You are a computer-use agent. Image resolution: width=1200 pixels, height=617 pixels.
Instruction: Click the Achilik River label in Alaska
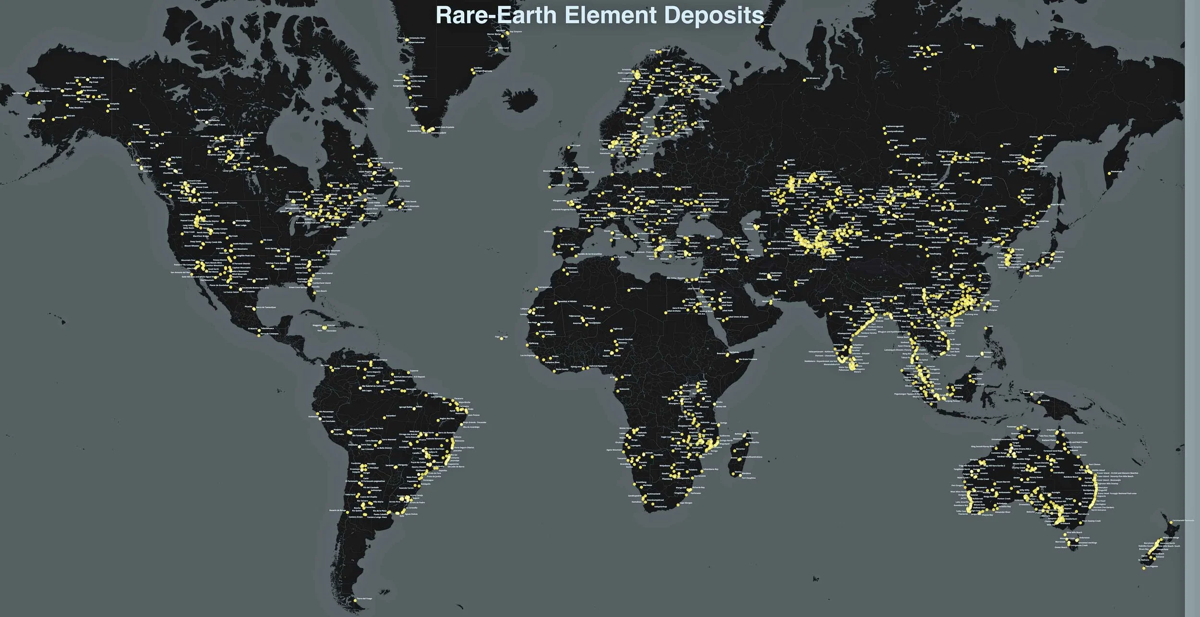point(112,60)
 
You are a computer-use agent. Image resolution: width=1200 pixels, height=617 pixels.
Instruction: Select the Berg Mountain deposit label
point(138,142)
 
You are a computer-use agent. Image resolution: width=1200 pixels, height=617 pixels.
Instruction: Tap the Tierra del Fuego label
point(365,598)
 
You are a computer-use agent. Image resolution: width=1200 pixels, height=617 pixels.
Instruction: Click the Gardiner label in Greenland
point(478,68)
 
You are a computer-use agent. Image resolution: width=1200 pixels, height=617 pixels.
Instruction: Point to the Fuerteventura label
point(544,287)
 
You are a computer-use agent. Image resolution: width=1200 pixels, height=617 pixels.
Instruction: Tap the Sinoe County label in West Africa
point(562,369)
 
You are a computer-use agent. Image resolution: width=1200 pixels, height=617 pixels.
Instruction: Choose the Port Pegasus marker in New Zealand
point(1144,567)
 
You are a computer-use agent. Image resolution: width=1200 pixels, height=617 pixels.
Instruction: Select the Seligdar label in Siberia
point(1006,144)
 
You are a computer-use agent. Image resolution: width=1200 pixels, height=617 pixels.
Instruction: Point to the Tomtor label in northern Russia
point(968,45)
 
